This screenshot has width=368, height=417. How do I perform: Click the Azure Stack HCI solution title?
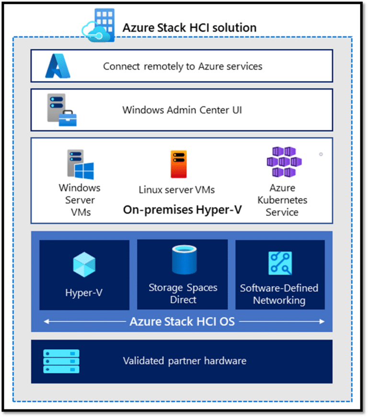click(x=189, y=28)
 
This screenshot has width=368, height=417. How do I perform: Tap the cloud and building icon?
click(x=98, y=25)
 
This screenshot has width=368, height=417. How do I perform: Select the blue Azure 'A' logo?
click(x=58, y=66)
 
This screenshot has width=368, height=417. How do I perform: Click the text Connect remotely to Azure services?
click(x=183, y=67)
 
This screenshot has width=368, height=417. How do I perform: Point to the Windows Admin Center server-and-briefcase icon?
click(x=62, y=110)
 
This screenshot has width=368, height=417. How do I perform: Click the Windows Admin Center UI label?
click(x=182, y=110)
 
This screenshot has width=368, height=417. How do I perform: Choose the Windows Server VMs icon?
click(x=80, y=164)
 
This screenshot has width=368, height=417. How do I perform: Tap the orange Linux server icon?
click(x=179, y=164)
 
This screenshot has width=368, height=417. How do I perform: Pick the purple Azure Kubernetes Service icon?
click(x=284, y=162)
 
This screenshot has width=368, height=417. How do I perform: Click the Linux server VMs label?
click(x=177, y=190)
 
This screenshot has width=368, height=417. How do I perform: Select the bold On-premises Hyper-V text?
click(x=182, y=210)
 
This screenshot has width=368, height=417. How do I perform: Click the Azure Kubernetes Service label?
click(x=282, y=200)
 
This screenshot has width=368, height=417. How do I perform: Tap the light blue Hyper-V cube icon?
click(x=84, y=265)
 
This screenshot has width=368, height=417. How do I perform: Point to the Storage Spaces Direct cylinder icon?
click(x=184, y=260)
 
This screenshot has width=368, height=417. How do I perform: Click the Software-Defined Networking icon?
click(x=280, y=263)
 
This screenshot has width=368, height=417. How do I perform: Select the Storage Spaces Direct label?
click(x=183, y=293)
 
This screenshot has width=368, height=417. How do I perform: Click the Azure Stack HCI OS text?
click(x=182, y=322)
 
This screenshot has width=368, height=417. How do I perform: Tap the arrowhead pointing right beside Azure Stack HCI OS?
click(x=322, y=322)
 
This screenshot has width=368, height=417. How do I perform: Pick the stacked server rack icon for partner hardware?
click(x=61, y=361)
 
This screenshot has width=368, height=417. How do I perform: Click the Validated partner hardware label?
click(x=184, y=361)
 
